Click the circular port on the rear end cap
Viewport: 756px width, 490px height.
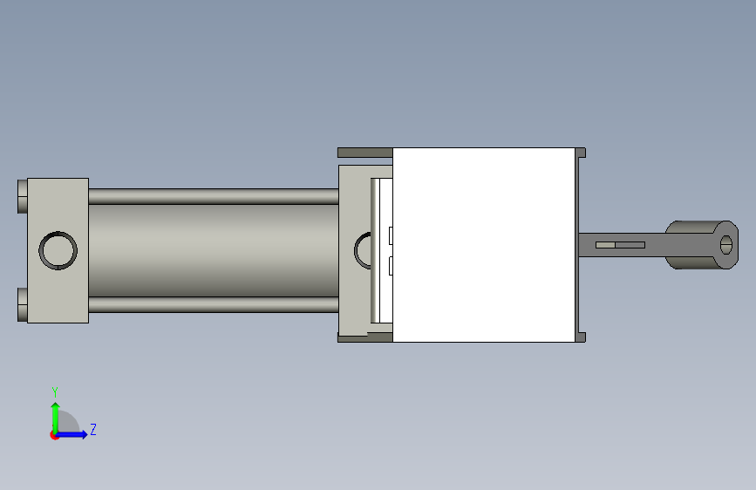click(58, 250)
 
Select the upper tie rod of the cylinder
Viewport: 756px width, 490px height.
click(213, 196)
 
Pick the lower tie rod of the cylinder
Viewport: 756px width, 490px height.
click(213, 304)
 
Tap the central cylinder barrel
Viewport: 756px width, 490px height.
click(213, 250)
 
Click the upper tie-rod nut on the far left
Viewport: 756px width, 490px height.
click(22, 196)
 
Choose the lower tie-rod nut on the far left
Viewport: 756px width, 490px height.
click(22, 304)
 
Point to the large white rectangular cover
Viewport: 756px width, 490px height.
click(484, 245)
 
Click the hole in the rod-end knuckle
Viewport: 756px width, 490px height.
click(726, 245)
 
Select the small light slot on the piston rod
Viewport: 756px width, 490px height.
click(620, 245)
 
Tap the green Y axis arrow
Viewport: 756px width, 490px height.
click(56, 419)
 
